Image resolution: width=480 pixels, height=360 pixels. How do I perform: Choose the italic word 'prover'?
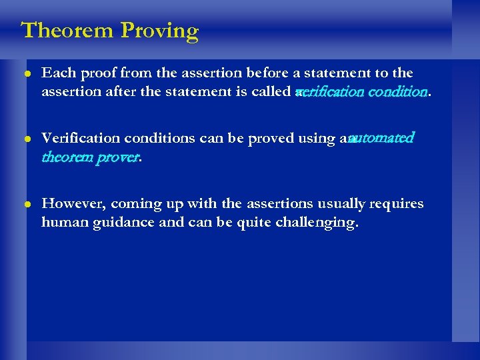click(x=120, y=157)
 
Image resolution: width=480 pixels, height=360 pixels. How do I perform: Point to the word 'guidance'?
click(x=113, y=223)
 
